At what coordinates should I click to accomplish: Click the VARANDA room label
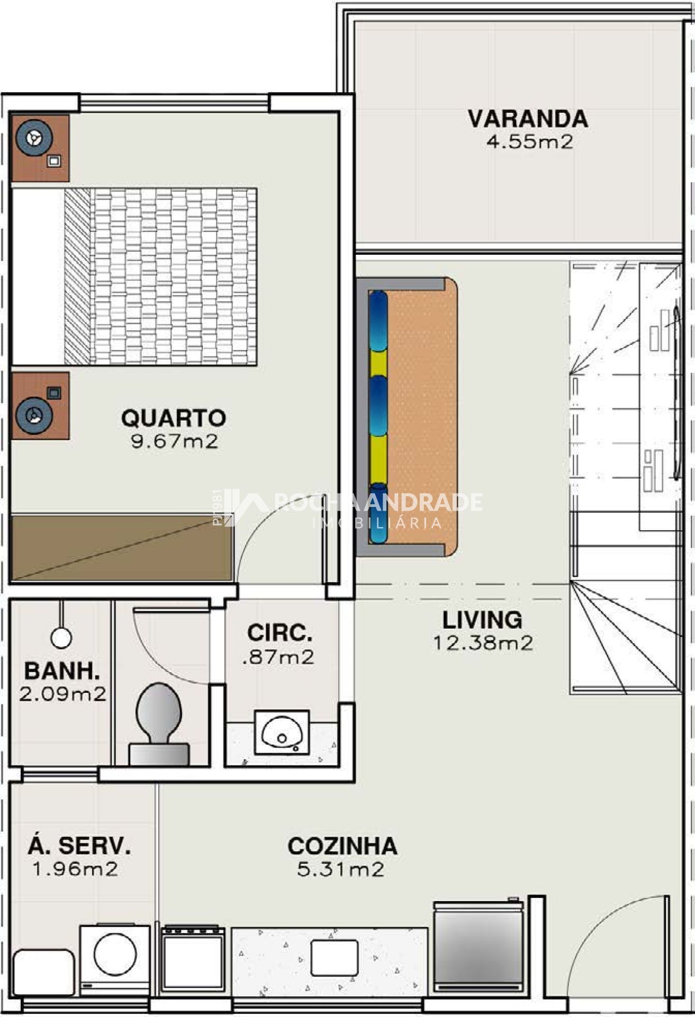click(528, 119)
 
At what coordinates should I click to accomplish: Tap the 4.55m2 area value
click(529, 142)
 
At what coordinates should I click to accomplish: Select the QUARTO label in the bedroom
click(174, 418)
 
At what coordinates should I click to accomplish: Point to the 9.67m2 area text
click(174, 441)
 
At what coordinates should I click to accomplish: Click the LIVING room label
click(482, 620)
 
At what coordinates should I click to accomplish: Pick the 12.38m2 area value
click(483, 643)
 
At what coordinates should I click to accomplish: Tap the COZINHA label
click(342, 846)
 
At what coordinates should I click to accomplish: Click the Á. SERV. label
click(79, 845)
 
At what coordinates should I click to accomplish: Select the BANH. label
click(62, 671)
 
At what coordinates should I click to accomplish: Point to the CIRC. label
click(279, 633)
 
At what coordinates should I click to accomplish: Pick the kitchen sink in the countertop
click(335, 958)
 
